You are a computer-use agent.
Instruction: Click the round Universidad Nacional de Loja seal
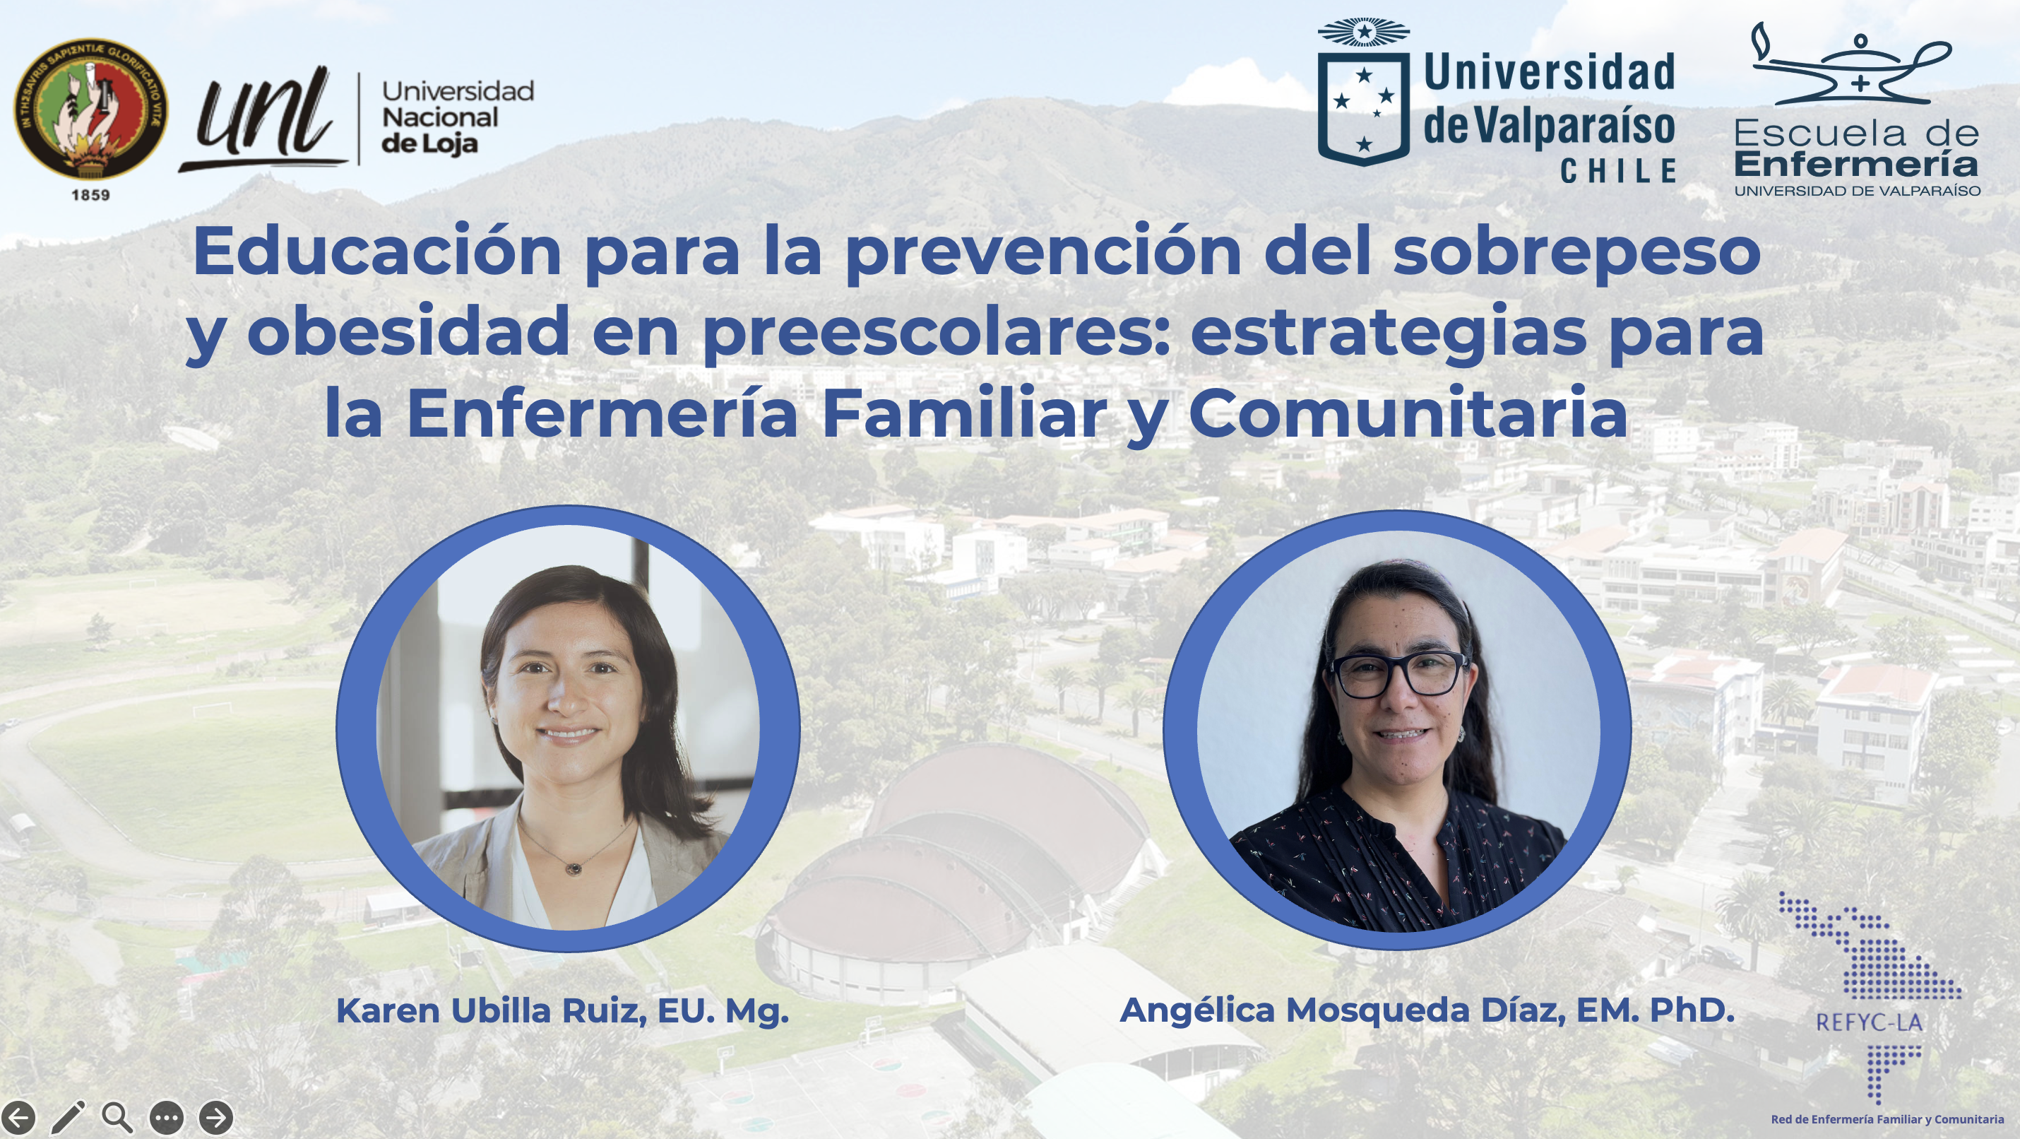tap(91, 108)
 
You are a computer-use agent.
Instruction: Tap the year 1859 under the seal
tap(91, 194)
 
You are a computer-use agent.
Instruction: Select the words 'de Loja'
tap(429, 143)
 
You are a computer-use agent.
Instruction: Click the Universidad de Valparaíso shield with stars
tap(1364, 93)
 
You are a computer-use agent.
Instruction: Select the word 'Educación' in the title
tap(377, 251)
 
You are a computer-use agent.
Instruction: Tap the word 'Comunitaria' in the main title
tap(1408, 413)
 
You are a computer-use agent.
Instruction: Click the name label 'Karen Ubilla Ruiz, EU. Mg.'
tap(562, 1011)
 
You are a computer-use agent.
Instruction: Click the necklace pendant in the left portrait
tap(574, 868)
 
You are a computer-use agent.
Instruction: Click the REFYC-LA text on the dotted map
tap(1869, 1022)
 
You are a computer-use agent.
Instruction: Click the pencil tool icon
tap(69, 1117)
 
